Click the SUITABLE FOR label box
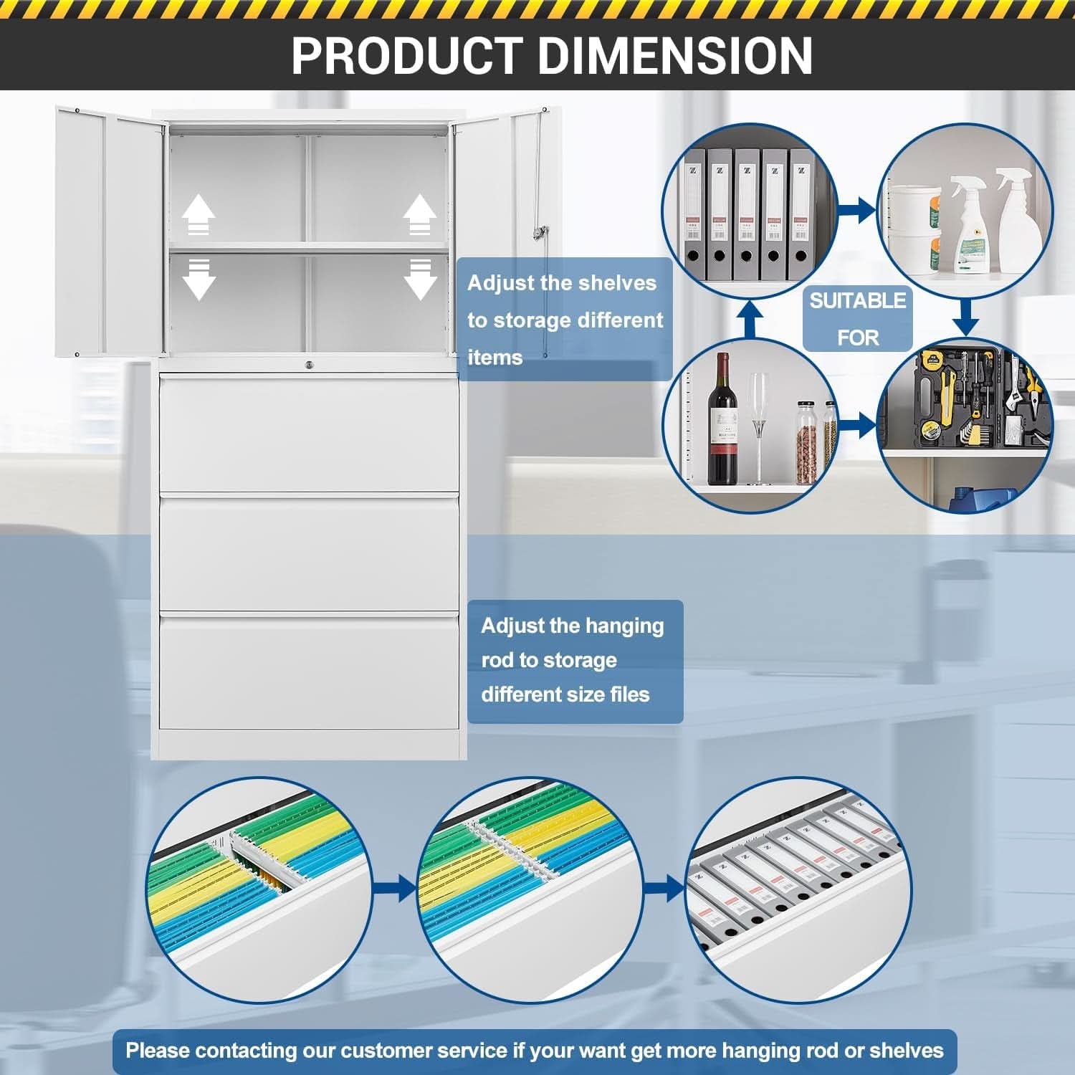857,318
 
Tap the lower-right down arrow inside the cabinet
420,279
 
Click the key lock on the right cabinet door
539,233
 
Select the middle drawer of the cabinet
309,553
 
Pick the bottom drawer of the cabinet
309,672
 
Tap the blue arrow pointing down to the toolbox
966,317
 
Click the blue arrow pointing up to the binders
750,319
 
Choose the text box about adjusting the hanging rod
575,661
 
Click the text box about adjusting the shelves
565,320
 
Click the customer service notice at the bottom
535,1051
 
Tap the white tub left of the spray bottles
914,229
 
